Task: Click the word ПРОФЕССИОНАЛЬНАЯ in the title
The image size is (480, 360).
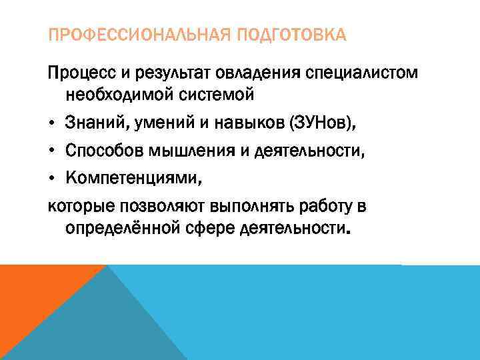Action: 133,35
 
